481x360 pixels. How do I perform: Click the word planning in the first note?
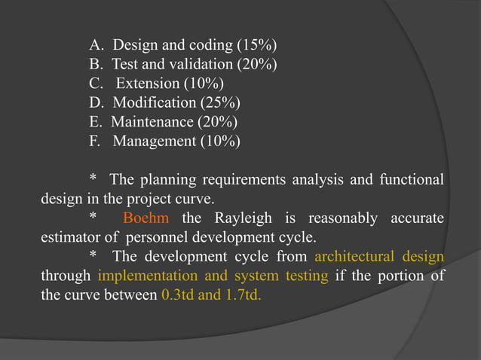tap(165, 180)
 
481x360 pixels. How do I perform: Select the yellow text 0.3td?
tap(179, 295)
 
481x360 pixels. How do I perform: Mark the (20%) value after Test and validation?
tap(252, 63)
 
